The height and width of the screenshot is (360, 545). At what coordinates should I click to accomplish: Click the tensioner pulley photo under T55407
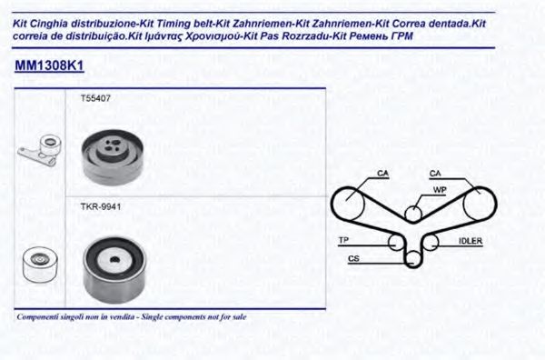112,155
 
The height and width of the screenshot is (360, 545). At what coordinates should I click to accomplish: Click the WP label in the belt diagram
438,190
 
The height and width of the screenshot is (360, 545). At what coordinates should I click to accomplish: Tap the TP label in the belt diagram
343,241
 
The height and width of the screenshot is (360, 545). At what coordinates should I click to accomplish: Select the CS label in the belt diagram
353,259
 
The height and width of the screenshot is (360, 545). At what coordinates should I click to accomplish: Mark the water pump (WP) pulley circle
413,214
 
